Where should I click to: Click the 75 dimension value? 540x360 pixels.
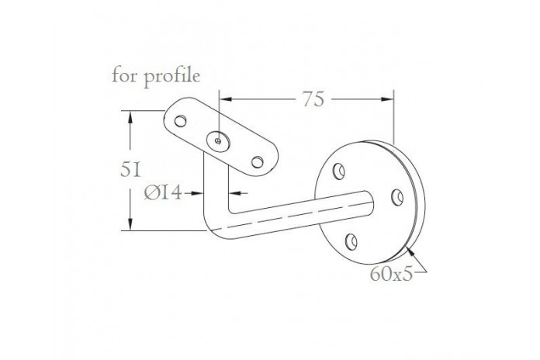point(313,99)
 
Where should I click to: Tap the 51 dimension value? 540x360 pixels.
point(130,170)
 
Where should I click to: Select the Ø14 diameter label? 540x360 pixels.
point(163,192)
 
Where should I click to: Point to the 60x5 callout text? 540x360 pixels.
point(391,274)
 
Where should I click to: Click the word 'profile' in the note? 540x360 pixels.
point(171,78)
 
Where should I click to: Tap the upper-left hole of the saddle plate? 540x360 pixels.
point(181,121)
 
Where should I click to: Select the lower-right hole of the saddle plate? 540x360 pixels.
point(258,162)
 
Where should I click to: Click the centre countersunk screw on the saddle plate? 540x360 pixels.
point(218,141)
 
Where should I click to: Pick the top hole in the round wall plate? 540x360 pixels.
point(339,171)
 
